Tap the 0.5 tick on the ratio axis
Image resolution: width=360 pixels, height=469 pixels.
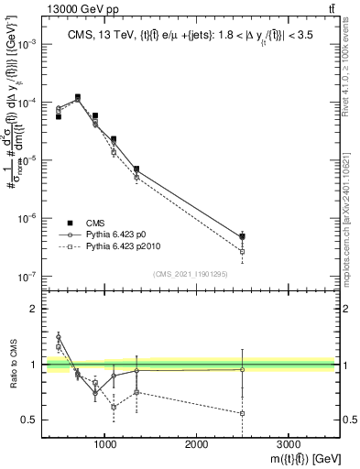tap(29, 420)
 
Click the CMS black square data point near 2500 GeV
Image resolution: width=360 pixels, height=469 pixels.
tap(242, 236)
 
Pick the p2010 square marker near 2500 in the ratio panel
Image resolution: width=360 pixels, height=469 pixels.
tap(242, 413)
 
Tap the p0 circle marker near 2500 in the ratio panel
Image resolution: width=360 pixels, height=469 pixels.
tap(242, 369)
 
